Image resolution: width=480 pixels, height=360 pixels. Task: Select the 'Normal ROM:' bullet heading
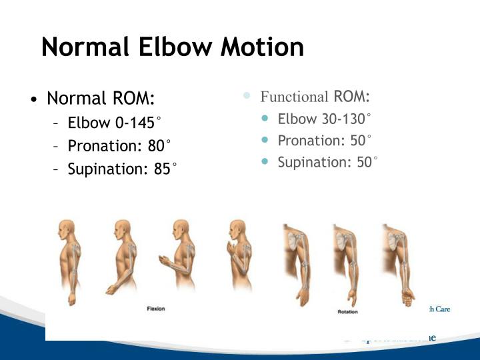(x=101, y=99)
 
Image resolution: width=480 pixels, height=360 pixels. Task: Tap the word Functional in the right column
(x=294, y=97)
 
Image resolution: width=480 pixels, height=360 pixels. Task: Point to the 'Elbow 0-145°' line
(x=114, y=123)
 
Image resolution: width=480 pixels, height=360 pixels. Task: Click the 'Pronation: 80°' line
(x=119, y=146)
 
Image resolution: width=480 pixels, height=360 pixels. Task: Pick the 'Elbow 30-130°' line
(x=324, y=119)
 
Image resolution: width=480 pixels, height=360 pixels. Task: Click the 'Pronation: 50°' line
(x=325, y=141)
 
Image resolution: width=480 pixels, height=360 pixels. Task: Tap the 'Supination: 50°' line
(x=327, y=162)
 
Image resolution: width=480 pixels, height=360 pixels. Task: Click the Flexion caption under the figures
(x=156, y=309)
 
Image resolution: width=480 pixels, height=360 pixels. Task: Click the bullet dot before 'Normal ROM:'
(x=33, y=101)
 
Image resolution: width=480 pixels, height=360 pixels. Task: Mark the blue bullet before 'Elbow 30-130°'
(x=266, y=119)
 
